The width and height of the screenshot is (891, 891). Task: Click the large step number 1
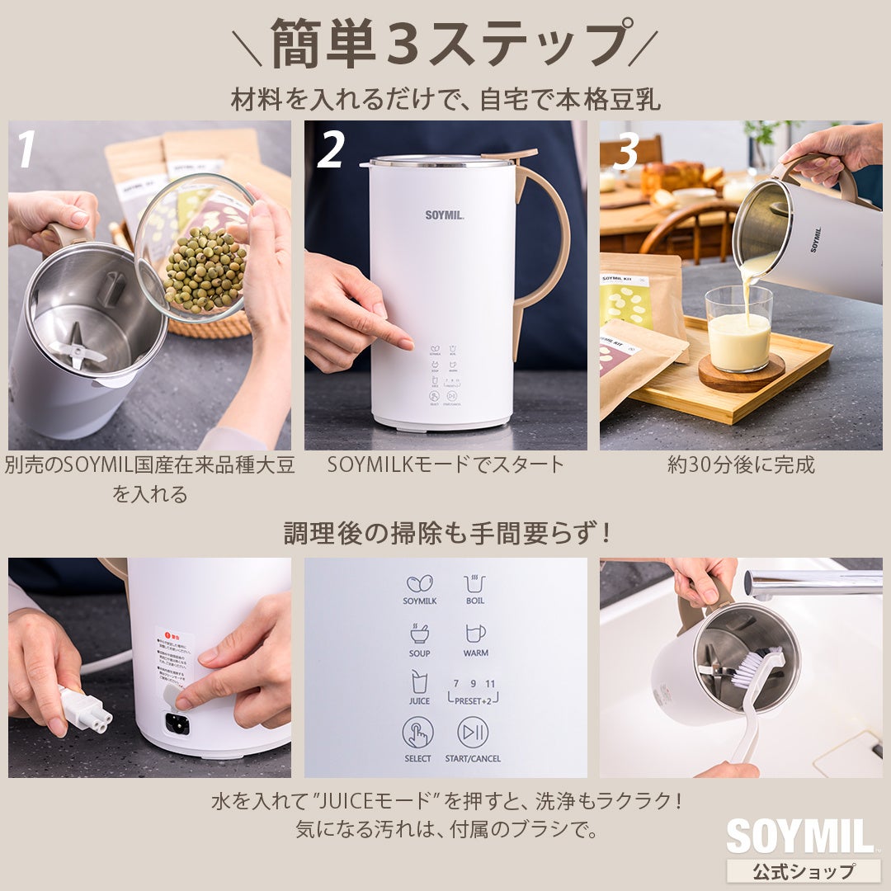pos(26,149)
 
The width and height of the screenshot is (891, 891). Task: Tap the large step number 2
pos(330,149)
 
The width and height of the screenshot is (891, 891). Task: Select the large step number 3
pos(627,151)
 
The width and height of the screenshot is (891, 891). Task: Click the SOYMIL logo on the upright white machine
pos(445,214)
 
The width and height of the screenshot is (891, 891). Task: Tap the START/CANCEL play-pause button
pos(473,732)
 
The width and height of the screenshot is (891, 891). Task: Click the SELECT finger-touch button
pos(417,733)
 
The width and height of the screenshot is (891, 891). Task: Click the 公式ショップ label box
pos(803,870)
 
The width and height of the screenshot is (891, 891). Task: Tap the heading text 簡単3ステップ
pos(445,43)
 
